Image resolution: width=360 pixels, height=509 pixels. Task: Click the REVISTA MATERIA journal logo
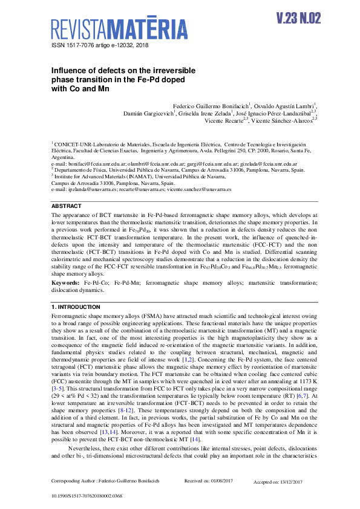coord(119,29)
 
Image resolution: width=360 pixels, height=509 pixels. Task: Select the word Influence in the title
coord(69,70)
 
